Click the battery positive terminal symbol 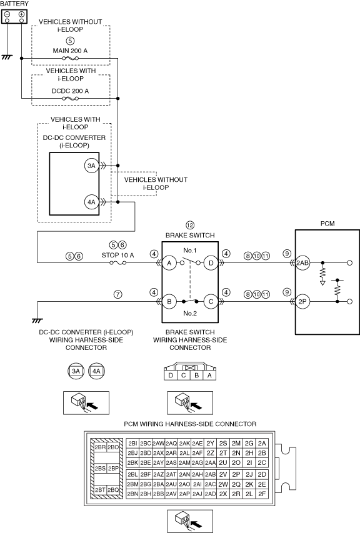(21, 14)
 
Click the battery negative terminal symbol (7, 14)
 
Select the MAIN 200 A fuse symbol (71, 59)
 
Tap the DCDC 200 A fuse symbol (71, 99)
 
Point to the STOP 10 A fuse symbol (118, 263)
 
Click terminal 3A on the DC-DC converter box (91, 166)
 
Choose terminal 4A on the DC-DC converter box (91, 202)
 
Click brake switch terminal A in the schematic (169, 263)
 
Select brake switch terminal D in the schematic (211, 263)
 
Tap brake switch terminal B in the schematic (169, 302)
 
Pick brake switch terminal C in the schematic (211, 302)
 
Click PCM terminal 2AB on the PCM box (302, 263)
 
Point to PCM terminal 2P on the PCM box (302, 302)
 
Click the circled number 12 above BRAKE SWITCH (190, 226)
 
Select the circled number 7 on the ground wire (117, 294)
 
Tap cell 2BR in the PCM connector (100, 447)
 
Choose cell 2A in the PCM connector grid (262, 443)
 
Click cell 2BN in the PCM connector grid (132, 494)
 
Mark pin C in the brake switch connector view (184, 376)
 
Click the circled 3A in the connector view (76, 371)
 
